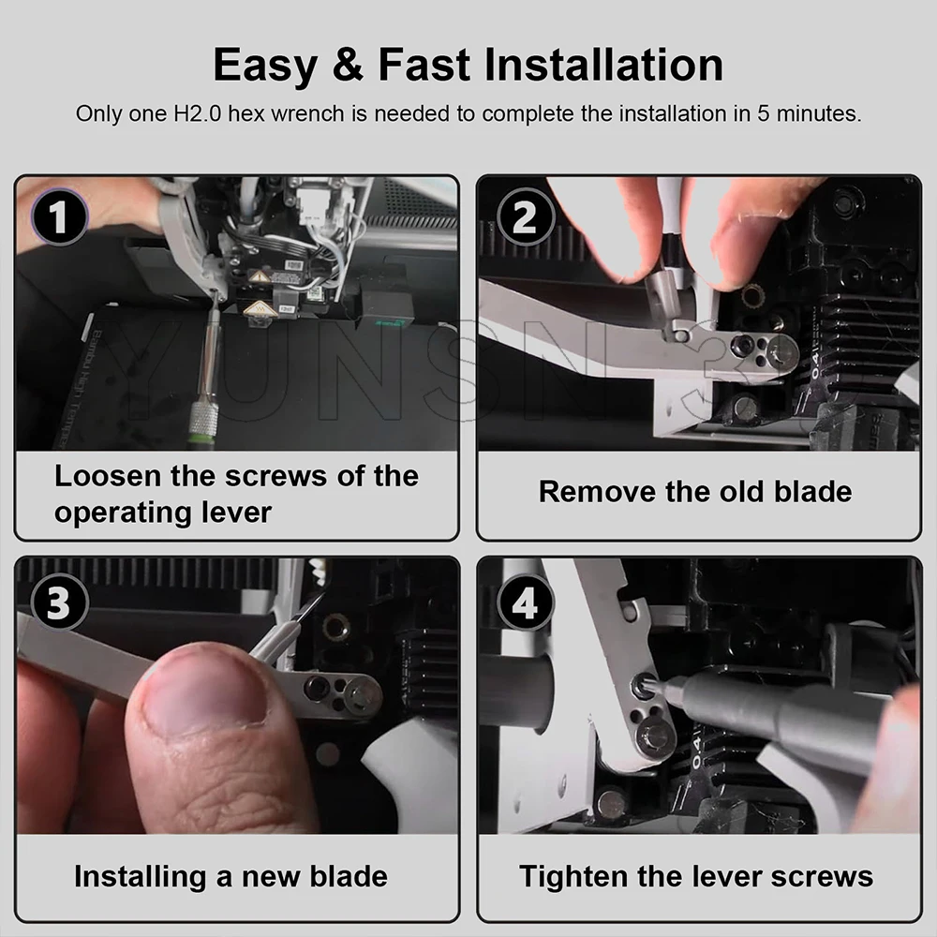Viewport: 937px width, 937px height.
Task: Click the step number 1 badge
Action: pyautogui.click(x=58, y=216)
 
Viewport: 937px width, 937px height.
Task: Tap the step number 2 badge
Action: pyautogui.click(x=526, y=216)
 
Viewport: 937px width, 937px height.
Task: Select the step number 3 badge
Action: pyautogui.click(x=58, y=602)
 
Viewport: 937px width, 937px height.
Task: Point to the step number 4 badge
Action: pyautogui.click(x=525, y=602)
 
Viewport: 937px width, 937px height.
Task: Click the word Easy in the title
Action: pyautogui.click(x=265, y=66)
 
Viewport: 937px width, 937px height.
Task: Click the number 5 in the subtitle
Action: pyautogui.click(x=763, y=113)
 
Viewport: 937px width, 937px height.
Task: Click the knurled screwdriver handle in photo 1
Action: pyautogui.click(x=202, y=425)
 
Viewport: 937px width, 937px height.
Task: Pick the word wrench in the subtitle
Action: pyautogui.click(x=307, y=113)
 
